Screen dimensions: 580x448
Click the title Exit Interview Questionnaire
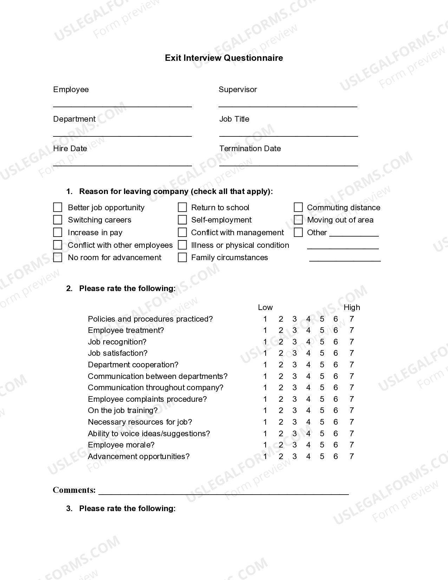pyautogui.click(x=224, y=58)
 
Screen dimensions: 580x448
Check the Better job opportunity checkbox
pyautogui.click(x=58, y=207)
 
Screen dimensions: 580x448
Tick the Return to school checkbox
pyautogui.click(x=182, y=207)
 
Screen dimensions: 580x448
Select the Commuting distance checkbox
pyautogui.click(x=298, y=207)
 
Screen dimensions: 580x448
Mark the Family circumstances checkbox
pyautogui.click(x=182, y=258)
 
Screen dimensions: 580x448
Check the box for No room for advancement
pyautogui.click(x=58, y=258)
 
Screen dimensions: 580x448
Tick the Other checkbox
pyautogui.click(x=298, y=232)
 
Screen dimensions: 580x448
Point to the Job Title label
pyautogui.click(x=234, y=119)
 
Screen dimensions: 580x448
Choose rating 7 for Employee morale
pyautogui.click(x=351, y=445)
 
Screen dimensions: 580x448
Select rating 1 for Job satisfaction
pyautogui.click(x=265, y=353)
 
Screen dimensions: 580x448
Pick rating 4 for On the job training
pyautogui.click(x=308, y=411)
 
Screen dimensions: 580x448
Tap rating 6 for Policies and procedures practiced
pyautogui.click(x=336, y=319)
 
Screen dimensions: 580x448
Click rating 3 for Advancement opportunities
pyautogui.click(x=294, y=457)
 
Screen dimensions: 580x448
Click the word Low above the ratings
pyautogui.click(x=265, y=308)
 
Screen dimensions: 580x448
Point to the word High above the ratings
pyautogui.click(x=351, y=308)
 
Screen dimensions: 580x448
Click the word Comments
pyautogui.click(x=74, y=490)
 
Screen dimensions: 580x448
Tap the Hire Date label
pyautogui.click(x=70, y=149)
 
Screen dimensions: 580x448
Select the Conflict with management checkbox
pyautogui.click(x=182, y=232)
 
